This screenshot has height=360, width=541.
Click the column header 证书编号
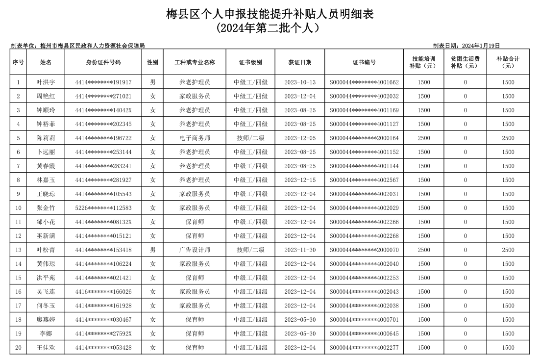click(364, 62)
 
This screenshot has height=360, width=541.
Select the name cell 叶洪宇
click(46, 82)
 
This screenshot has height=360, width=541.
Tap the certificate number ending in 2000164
click(364, 138)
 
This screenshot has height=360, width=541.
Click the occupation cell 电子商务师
click(195, 138)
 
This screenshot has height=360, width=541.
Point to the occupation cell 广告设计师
click(195, 250)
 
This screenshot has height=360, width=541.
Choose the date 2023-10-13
click(300, 82)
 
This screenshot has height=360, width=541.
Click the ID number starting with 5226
click(103, 208)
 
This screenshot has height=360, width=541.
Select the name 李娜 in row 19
click(46, 334)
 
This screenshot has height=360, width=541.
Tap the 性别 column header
click(152, 62)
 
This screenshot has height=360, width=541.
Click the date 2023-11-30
click(300, 250)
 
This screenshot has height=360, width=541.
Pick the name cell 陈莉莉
click(46, 138)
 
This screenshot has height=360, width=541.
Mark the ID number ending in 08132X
click(103, 222)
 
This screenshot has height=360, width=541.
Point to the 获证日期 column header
click(300, 62)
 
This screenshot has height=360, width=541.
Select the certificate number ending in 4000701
click(364, 320)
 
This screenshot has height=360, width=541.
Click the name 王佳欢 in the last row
click(46, 348)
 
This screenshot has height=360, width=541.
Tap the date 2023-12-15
click(300, 180)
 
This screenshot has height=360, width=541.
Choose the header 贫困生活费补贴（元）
click(465, 62)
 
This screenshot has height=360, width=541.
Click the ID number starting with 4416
click(103, 292)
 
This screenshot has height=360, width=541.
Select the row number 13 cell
click(19, 250)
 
